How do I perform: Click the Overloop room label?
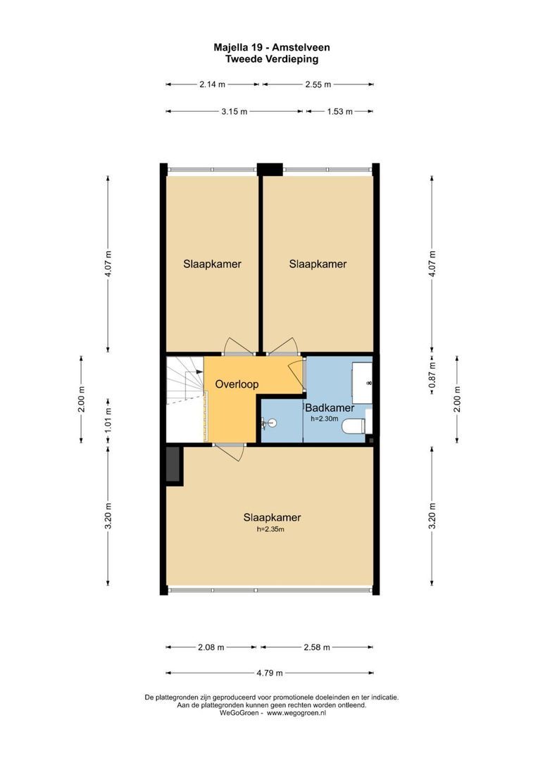pyautogui.click(x=237, y=385)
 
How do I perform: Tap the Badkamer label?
pyautogui.click(x=329, y=407)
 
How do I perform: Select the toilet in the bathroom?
pyautogui.click(x=353, y=426)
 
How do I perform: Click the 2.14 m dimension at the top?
pyautogui.click(x=212, y=84)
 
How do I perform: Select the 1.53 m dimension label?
pyautogui.click(x=339, y=111)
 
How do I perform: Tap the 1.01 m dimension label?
pyautogui.click(x=108, y=419)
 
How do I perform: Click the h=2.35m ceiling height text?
pyautogui.click(x=270, y=530)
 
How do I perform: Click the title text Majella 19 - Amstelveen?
pyautogui.click(x=271, y=48)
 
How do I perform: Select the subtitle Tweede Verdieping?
pyautogui.click(x=271, y=59)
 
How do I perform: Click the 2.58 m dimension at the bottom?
pyautogui.click(x=315, y=647)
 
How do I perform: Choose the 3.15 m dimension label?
pyautogui.click(x=234, y=111)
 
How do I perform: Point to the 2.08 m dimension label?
pyautogui.click(x=211, y=647)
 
